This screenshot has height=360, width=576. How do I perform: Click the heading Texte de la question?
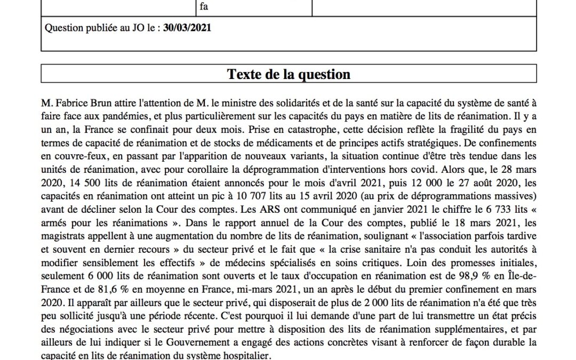[x=289, y=74]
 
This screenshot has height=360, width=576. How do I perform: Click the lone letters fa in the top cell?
[x=204, y=7]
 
